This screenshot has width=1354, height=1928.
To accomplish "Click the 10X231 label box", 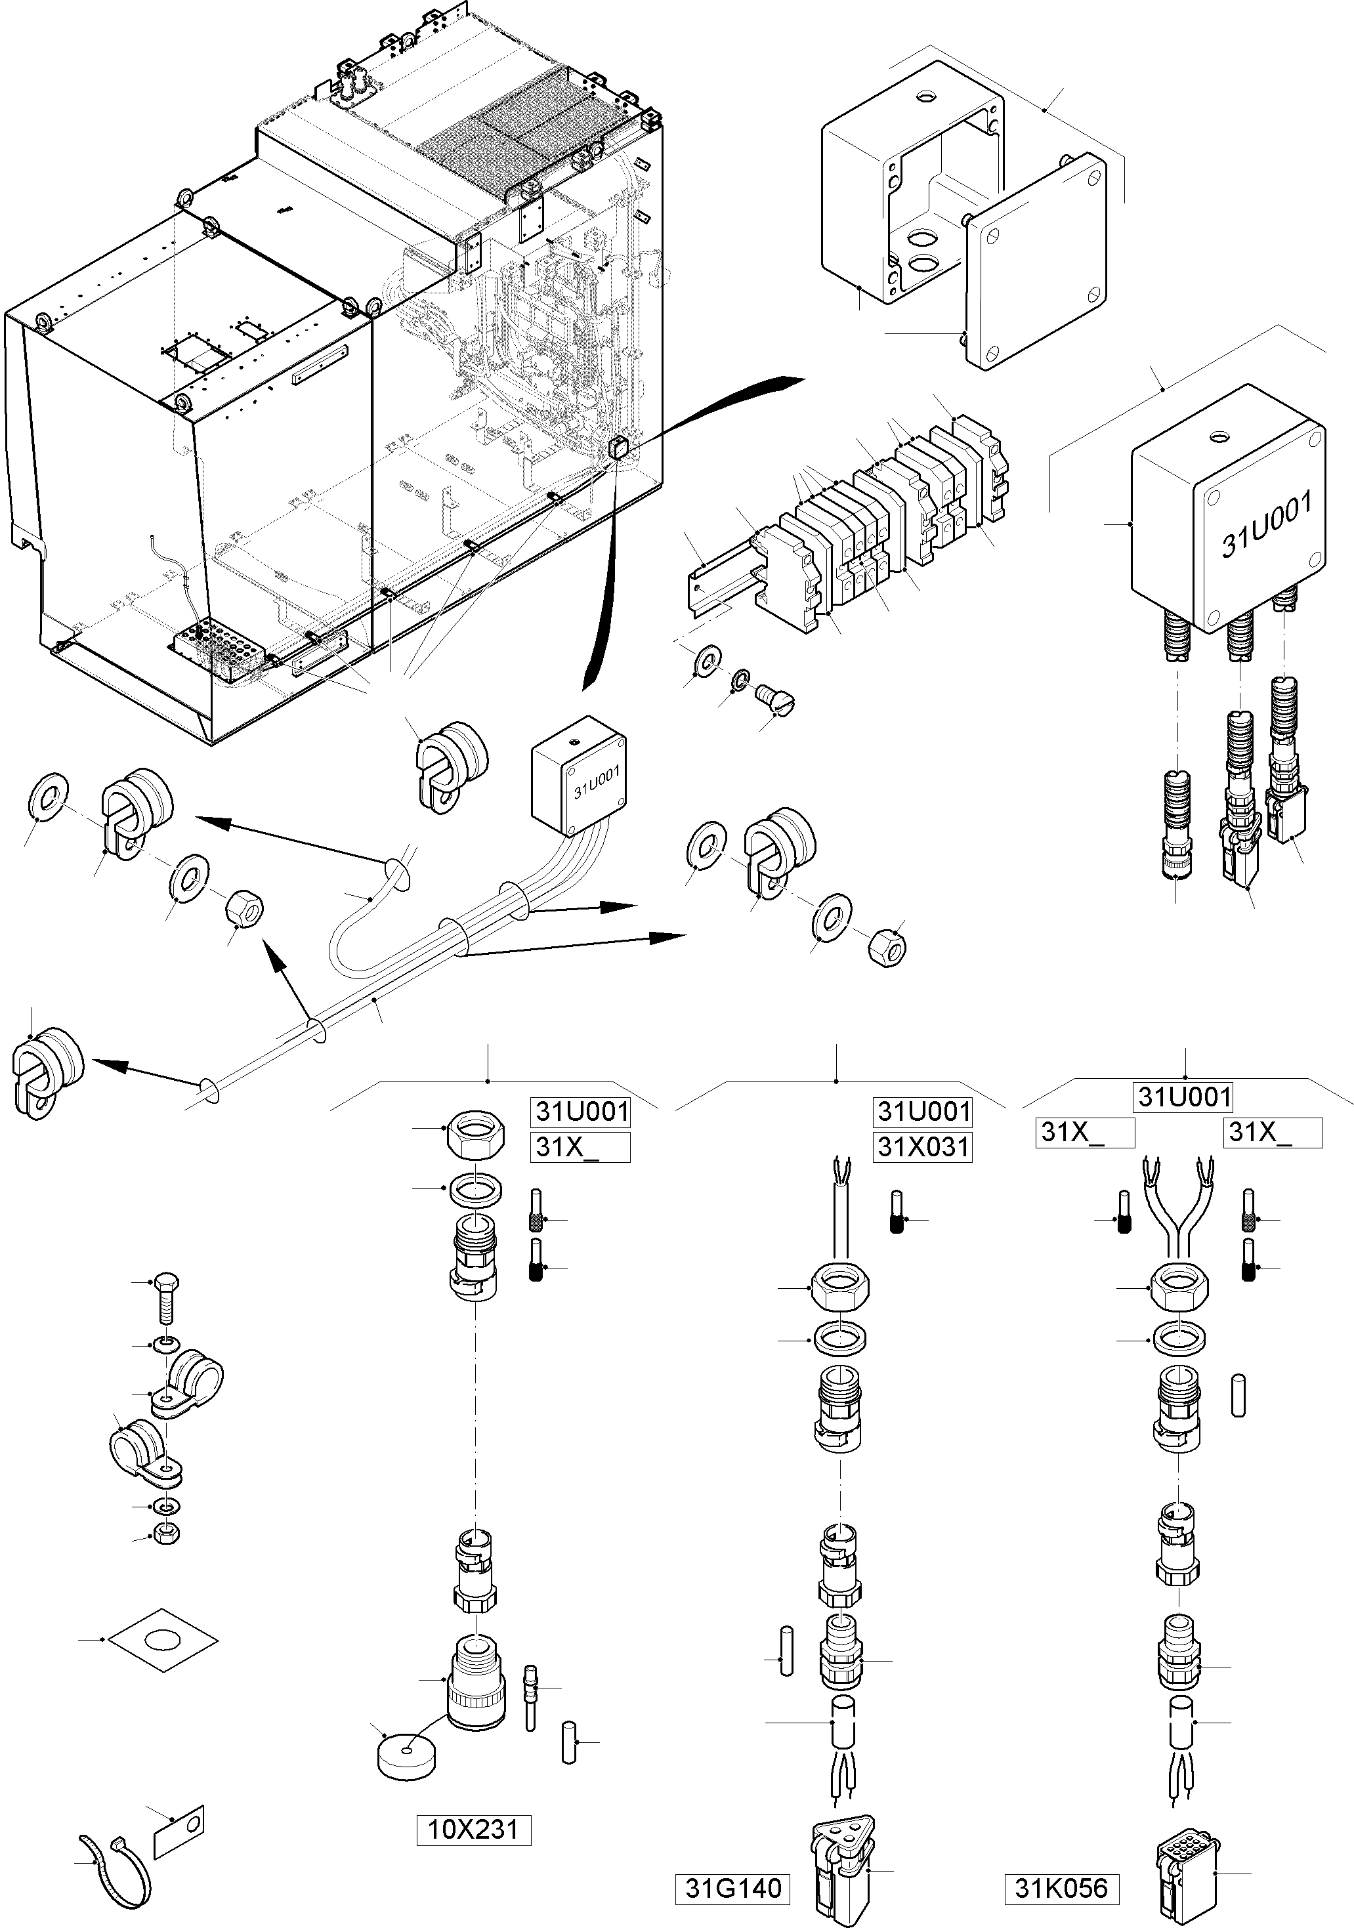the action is pos(474,1829).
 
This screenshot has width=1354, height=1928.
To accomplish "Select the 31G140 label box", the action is pos(733,1889).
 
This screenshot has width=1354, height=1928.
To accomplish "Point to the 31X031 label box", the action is pos(923,1146).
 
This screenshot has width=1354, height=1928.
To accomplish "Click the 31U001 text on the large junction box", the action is pos(1266,525).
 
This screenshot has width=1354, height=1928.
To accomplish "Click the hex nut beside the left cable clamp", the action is pos(244,910).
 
